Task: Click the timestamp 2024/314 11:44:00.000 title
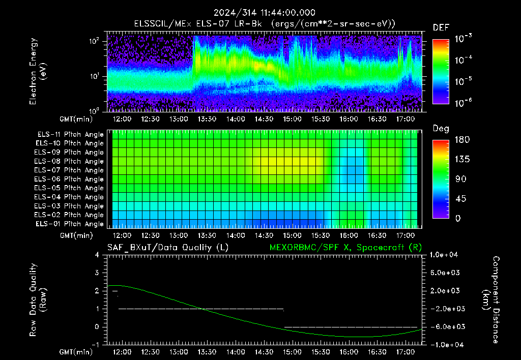(x=265, y=13)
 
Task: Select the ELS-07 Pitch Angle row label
(x=69, y=170)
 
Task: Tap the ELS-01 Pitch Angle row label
(x=69, y=224)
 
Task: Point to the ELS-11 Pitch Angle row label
(x=70, y=134)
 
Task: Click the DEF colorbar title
(x=441, y=27)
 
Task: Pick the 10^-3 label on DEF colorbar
(x=464, y=39)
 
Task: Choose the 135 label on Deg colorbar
(x=462, y=159)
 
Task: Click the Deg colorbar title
(x=441, y=129)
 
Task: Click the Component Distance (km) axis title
(x=491, y=300)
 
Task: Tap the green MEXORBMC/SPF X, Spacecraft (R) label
(x=345, y=248)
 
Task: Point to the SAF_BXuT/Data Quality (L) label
(x=168, y=248)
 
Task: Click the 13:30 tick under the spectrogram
(x=207, y=119)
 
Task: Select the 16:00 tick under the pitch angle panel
(x=349, y=235)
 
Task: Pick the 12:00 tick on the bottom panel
(x=122, y=352)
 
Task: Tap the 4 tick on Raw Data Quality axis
(x=97, y=255)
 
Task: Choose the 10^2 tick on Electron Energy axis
(x=94, y=41)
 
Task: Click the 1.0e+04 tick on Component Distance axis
(x=444, y=255)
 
